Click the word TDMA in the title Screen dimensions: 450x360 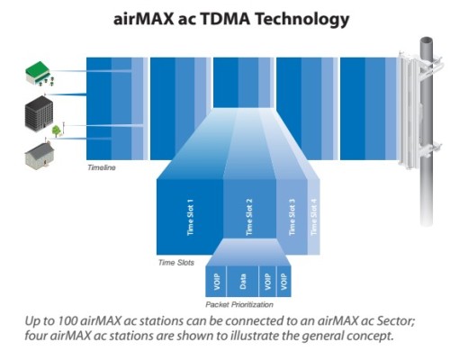(x=225, y=19)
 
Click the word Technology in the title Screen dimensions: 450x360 (x=301, y=20)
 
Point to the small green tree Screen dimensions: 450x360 (x=56, y=131)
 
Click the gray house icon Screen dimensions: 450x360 (x=40, y=156)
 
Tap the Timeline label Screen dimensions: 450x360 (x=102, y=167)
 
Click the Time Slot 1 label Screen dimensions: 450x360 (x=190, y=217)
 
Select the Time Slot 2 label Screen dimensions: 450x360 (x=249, y=217)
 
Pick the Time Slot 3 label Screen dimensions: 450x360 (x=292, y=217)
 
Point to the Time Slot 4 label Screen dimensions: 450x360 (x=314, y=217)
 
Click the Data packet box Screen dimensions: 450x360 (x=242, y=282)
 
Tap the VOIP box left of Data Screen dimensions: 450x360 (x=216, y=282)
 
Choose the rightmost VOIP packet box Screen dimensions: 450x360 (x=283, y=282)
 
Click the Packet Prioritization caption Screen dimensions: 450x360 (x=239, y=305)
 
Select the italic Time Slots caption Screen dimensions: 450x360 (x=176, y=263)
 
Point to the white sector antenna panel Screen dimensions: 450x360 (x=408, y=111)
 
